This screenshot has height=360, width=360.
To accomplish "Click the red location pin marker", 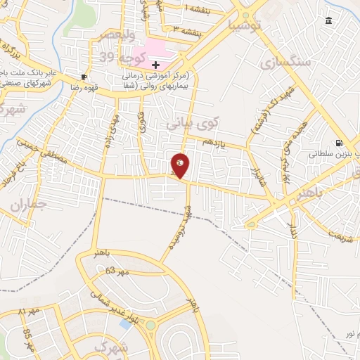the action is (x=180, y=166).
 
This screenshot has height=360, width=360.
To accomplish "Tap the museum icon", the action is (x=329, y=21).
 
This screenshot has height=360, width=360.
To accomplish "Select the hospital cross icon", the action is (x=155, y=65).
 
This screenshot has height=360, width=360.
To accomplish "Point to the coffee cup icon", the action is (x=84, y=77).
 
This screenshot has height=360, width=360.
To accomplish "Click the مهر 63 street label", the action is (x=119, y=271).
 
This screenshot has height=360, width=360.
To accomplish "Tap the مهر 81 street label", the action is (x=31, y=311).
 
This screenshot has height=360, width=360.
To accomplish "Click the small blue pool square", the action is (x=126, y=324).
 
